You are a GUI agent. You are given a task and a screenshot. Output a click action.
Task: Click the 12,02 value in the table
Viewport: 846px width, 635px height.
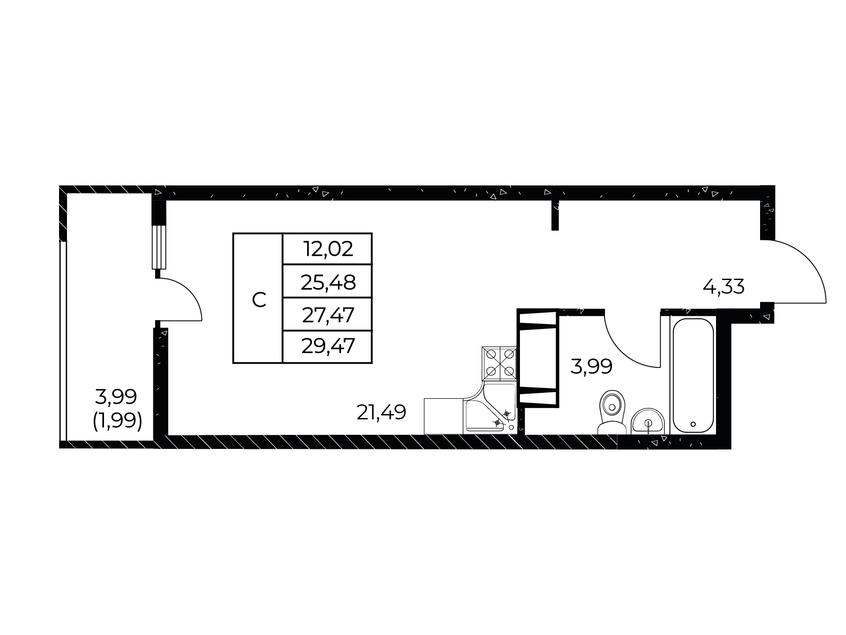(328, 249)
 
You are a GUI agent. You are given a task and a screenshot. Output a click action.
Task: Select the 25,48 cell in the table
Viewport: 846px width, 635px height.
(328, 282)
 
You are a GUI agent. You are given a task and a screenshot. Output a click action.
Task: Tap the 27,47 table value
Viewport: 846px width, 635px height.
(328, 315)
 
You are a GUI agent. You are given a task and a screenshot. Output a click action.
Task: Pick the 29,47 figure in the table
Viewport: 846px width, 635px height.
(328, 346)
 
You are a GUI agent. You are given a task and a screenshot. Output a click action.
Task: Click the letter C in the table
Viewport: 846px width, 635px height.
(259, 300)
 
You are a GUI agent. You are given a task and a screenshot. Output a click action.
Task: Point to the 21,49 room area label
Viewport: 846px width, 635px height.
(381, 413)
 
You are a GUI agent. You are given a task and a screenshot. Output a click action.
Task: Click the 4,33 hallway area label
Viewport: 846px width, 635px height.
(724, 287)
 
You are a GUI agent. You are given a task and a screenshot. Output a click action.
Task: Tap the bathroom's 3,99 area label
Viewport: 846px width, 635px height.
(591, 366)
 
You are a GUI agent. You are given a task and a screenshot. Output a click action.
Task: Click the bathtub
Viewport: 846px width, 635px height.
(692, 376)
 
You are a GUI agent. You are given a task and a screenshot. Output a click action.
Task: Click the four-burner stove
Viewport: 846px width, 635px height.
(500, 363)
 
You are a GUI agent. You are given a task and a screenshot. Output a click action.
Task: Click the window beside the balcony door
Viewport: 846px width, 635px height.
(159, 247)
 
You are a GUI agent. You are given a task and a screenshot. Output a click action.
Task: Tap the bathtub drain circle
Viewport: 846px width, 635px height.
(693, 424)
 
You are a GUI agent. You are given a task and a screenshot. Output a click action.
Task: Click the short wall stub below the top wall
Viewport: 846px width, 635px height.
(555, 215)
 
